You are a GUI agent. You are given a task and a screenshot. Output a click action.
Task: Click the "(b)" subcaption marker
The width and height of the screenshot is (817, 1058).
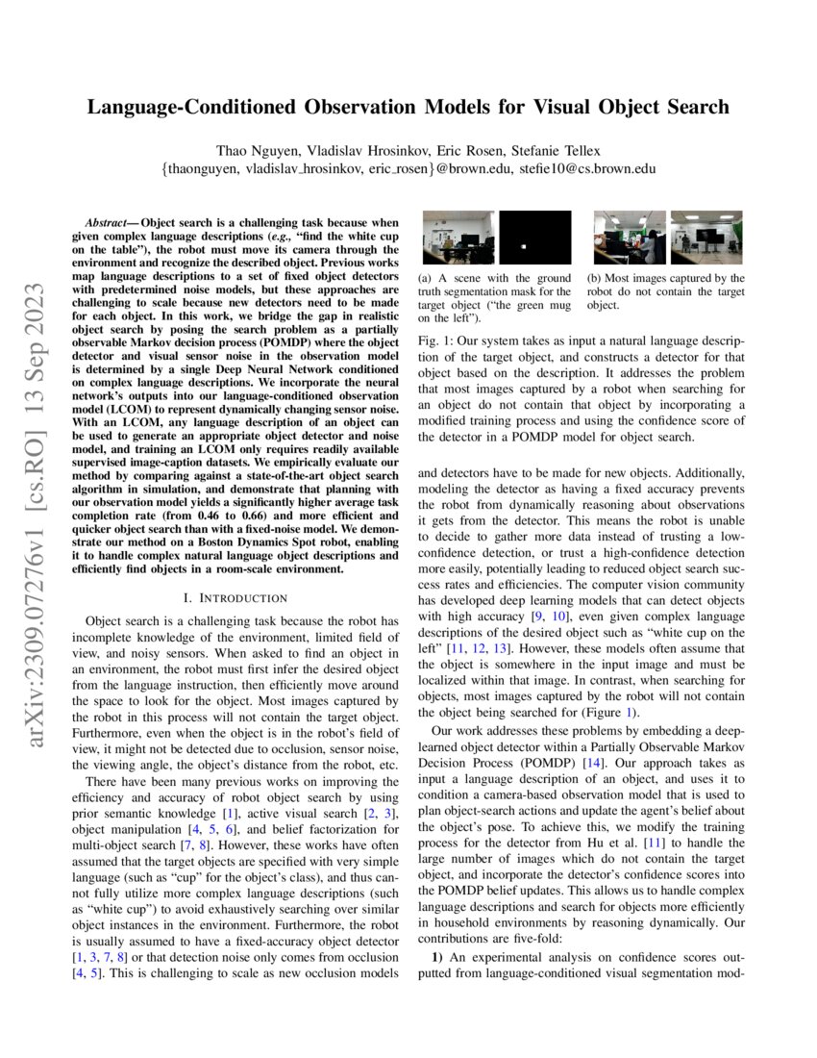point(595,279)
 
